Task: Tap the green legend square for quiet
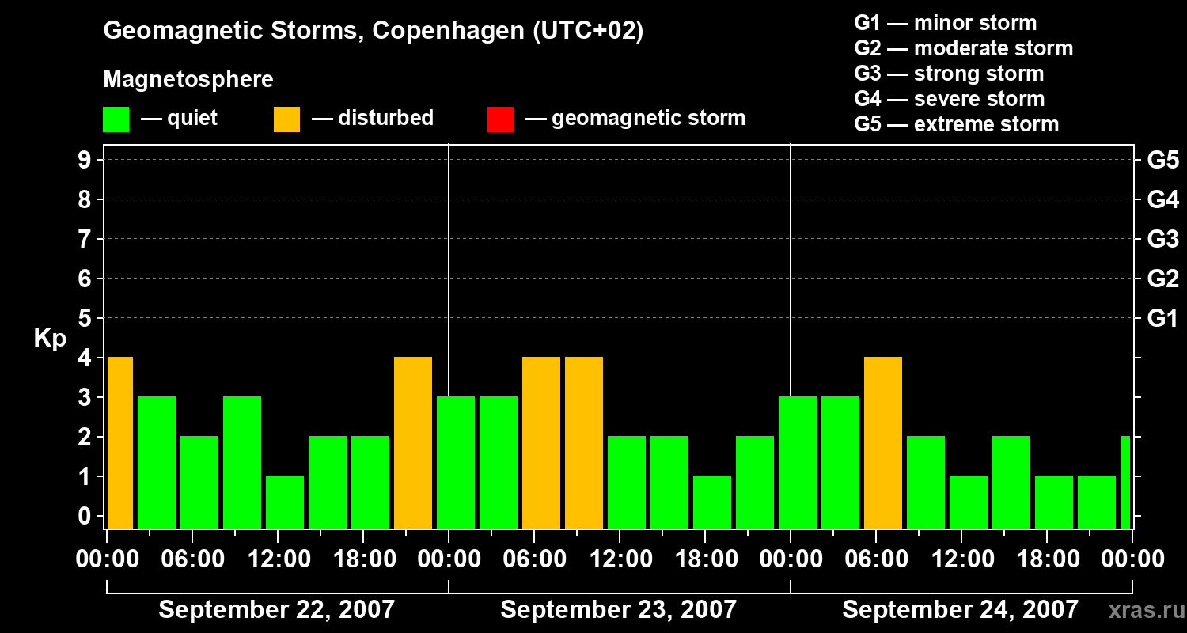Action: [116, 119]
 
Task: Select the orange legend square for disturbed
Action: [286, 119]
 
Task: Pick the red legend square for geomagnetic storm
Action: [500, 119]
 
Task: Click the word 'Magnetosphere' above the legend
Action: [188, 80]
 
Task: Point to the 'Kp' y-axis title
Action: [50, 339]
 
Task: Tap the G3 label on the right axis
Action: [1162, 239]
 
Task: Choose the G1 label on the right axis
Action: [1162, 318]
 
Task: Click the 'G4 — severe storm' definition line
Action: [949, 99]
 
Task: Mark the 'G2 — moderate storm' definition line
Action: [963, 48]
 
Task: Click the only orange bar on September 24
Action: [883, 442]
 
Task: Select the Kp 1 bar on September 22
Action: [285, 502]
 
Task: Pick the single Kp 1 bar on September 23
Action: [712, 502]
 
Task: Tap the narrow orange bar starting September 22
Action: [119, 442]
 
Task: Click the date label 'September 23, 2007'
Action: [619, 610]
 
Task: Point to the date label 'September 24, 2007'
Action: [960, 610]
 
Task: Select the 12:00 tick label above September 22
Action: [279, 559]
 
